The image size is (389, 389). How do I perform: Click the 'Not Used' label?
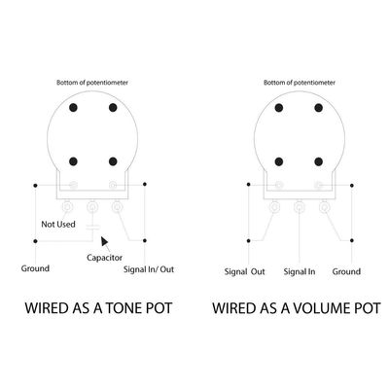(58, 224)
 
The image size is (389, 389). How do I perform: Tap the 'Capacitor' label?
(104, 258)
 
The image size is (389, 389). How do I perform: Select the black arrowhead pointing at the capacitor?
(104, 241)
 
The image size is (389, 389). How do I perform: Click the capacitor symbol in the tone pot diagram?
(92, 227)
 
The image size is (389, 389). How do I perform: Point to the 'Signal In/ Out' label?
(149, 269)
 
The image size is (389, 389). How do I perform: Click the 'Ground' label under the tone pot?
(35, 268)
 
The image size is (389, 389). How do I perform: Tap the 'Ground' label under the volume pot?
(346, 271)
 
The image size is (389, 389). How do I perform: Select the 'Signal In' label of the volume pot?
(300, 271)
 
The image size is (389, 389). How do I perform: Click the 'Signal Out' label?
(245, 271)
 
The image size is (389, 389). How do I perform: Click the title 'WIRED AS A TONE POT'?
(98, 308)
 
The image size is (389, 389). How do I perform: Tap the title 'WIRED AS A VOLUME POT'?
(297, 308)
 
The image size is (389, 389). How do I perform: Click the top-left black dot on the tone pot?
(73, 108)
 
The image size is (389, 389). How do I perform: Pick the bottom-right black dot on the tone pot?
(113, 161)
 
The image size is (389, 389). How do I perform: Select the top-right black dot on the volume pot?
(318, 108)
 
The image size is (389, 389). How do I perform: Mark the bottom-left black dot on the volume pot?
(279, 161)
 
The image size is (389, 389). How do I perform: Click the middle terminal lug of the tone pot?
(92, 206)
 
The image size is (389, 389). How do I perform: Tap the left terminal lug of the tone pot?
(67, 206)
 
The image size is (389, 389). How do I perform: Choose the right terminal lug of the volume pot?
(324, 206)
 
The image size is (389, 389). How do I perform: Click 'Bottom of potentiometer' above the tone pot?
(92, 83)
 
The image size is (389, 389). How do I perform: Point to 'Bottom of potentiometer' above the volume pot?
(300, 83)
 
